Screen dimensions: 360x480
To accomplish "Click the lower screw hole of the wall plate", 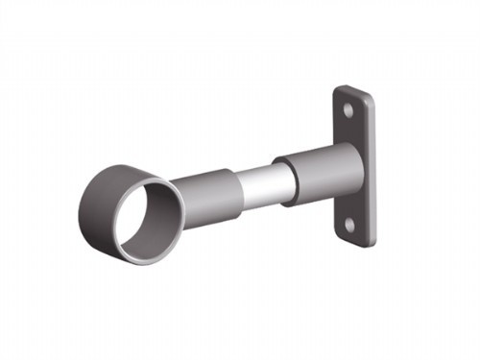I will coord(349,224).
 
